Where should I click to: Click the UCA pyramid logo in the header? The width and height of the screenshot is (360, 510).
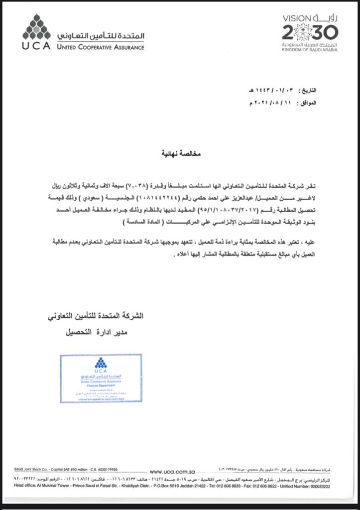pos(36,28)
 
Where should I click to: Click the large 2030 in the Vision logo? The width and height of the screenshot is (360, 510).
pos(310,33)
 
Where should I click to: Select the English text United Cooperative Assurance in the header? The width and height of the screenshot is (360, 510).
pos(101,47)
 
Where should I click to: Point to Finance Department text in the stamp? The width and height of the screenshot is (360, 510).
pos(101,385)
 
